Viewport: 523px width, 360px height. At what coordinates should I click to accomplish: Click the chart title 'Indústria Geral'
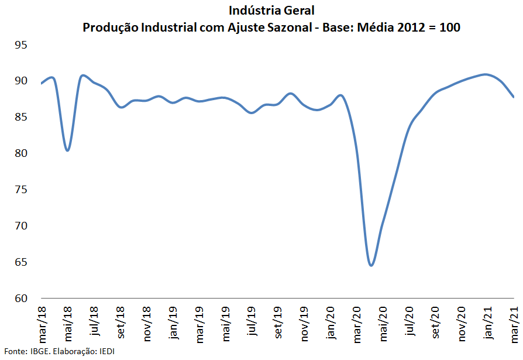point(271,11)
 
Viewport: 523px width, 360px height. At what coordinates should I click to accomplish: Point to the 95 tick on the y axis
point(22,45)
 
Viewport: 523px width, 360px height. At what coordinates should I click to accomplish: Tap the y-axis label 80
point(22,153)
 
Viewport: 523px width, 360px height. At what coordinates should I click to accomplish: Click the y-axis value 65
point(22,262)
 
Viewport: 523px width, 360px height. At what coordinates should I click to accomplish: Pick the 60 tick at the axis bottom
point(22,298)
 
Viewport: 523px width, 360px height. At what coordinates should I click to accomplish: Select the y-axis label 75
point(22,190)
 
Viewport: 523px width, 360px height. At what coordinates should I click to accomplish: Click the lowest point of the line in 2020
point(371,265)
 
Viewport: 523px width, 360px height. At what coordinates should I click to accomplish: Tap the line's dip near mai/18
point(68,150)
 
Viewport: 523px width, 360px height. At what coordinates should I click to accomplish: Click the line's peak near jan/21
point(486,74)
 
